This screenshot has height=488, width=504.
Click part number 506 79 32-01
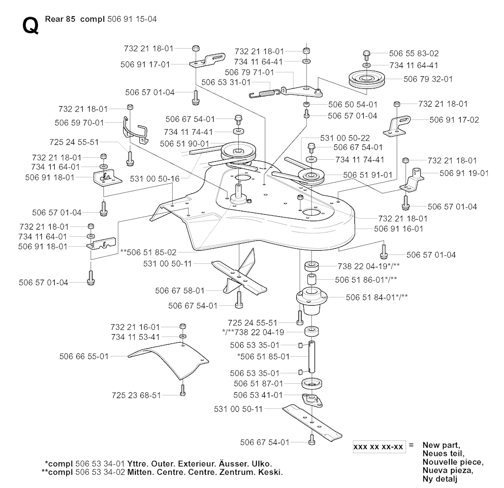coord(428,79)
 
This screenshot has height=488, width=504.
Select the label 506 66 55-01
coord(84,356)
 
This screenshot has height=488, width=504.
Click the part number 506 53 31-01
coord(226,82)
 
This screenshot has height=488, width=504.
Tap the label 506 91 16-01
coord(399,229)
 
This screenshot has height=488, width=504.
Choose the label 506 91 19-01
coord(464,173)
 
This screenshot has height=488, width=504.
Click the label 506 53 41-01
coord(258,395)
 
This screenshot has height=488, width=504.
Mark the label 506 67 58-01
coord(180,291)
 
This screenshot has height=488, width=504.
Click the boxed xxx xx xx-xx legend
coord(378,447)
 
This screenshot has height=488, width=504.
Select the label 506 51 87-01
coord(258,383)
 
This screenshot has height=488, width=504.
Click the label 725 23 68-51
coord(136,395)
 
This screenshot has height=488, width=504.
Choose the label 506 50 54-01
coord(352,105)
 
